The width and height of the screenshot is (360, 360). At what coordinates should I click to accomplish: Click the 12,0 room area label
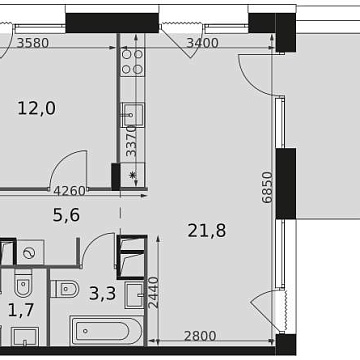point(38,110)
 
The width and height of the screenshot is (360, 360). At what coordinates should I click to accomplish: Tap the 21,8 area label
point(206,231)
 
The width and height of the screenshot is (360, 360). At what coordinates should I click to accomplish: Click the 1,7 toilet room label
point(20,311)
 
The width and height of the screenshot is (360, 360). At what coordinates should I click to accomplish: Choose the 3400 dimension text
point(203,43)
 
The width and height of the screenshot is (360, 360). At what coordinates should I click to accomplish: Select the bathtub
point(110,331)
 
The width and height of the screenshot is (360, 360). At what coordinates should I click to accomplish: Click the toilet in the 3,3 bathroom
point(66,290)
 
